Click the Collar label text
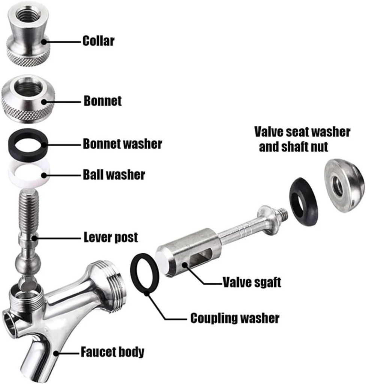tap(99, 40)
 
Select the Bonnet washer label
tap(122, 144)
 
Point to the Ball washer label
tap(114, 175)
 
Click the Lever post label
tap(111, 237)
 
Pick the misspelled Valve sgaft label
tap(252, 282)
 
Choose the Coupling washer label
tap(235, 318)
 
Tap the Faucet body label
tap(112, 352)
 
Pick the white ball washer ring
tap(28, 174)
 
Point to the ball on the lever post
tap(27, 265)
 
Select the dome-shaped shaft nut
tap(344, 185)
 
